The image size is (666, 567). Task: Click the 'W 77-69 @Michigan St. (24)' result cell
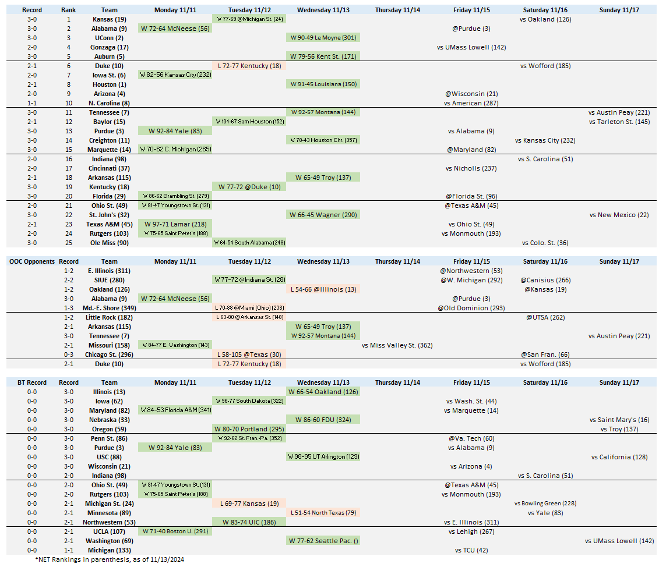249,19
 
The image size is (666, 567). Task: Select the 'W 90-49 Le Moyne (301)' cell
323,38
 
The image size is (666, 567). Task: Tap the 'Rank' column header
68,10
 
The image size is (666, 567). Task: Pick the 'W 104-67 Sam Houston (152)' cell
249,122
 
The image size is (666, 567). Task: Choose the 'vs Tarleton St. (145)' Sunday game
619,122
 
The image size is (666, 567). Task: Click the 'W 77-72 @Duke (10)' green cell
249,187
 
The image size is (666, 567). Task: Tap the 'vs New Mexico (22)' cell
619,215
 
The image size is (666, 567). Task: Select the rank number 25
68,243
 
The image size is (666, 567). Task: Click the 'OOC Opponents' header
31,261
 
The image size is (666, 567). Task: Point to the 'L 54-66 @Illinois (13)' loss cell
323,289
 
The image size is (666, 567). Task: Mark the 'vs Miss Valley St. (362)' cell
397,345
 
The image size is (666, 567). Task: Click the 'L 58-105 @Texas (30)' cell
249,355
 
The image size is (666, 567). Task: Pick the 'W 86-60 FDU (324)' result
323,420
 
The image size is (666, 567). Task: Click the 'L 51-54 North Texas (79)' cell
323,513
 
